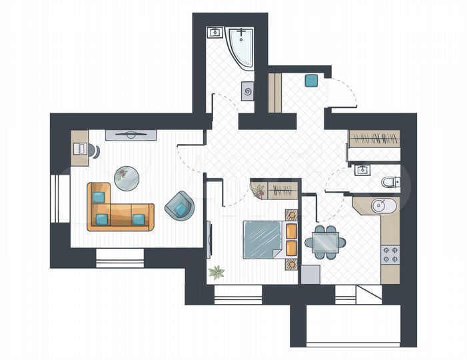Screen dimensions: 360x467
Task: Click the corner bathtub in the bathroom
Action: [x=241, y=45]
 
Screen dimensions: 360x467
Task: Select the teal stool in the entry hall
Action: [x=310, y=81]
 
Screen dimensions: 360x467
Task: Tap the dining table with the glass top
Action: [x=326, y=241]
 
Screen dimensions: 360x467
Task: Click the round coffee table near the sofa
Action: [x=127, y=177]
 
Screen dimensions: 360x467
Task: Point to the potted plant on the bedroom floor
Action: [x=216, y=271]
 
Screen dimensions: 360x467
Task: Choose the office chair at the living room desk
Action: [x=94, y=150]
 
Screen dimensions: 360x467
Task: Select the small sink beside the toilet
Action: [x=362, y=169]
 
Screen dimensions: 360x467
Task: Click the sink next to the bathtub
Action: [x=215, y=32]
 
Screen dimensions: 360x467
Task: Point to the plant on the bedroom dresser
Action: [x=258, y=191]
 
